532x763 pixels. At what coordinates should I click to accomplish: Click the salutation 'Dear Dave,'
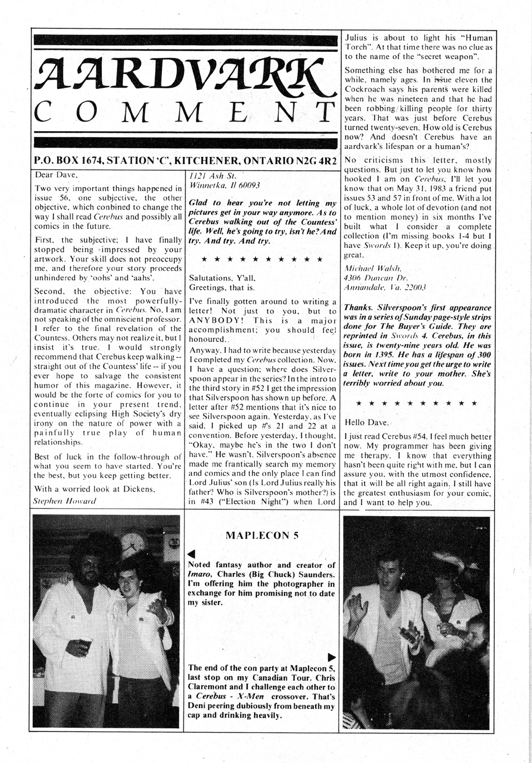[x=56, y=174]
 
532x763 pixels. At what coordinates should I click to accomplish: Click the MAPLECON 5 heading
[x=261, y=536]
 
